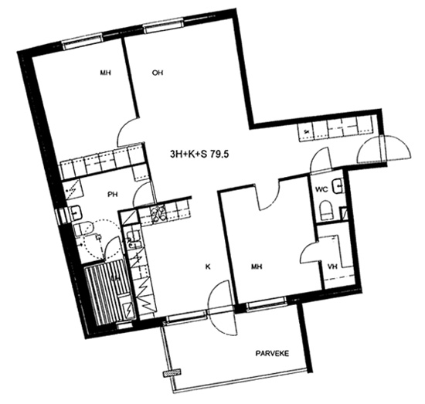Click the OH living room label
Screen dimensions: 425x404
click(158, 73)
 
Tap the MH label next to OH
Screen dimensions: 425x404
click(106, 73)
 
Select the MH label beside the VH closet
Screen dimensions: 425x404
click(257, 267)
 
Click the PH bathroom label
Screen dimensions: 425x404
click(113, 195)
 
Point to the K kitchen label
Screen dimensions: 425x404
click(208, 267)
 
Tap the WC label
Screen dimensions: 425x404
click(321, 189)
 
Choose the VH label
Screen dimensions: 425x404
click(332, 267)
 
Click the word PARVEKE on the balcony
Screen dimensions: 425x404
click(272, 353)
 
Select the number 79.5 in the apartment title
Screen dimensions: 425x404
click(219, 154)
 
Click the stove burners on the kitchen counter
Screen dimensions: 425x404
click(159, 214)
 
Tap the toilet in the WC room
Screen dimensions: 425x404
click(326, 210)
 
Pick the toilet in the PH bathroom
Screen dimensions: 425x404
click(83, 228)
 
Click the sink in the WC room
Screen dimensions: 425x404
click(338, 186)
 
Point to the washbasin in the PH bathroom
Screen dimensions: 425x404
click(76, 212)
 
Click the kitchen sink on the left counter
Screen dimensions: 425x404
click(134, 239)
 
